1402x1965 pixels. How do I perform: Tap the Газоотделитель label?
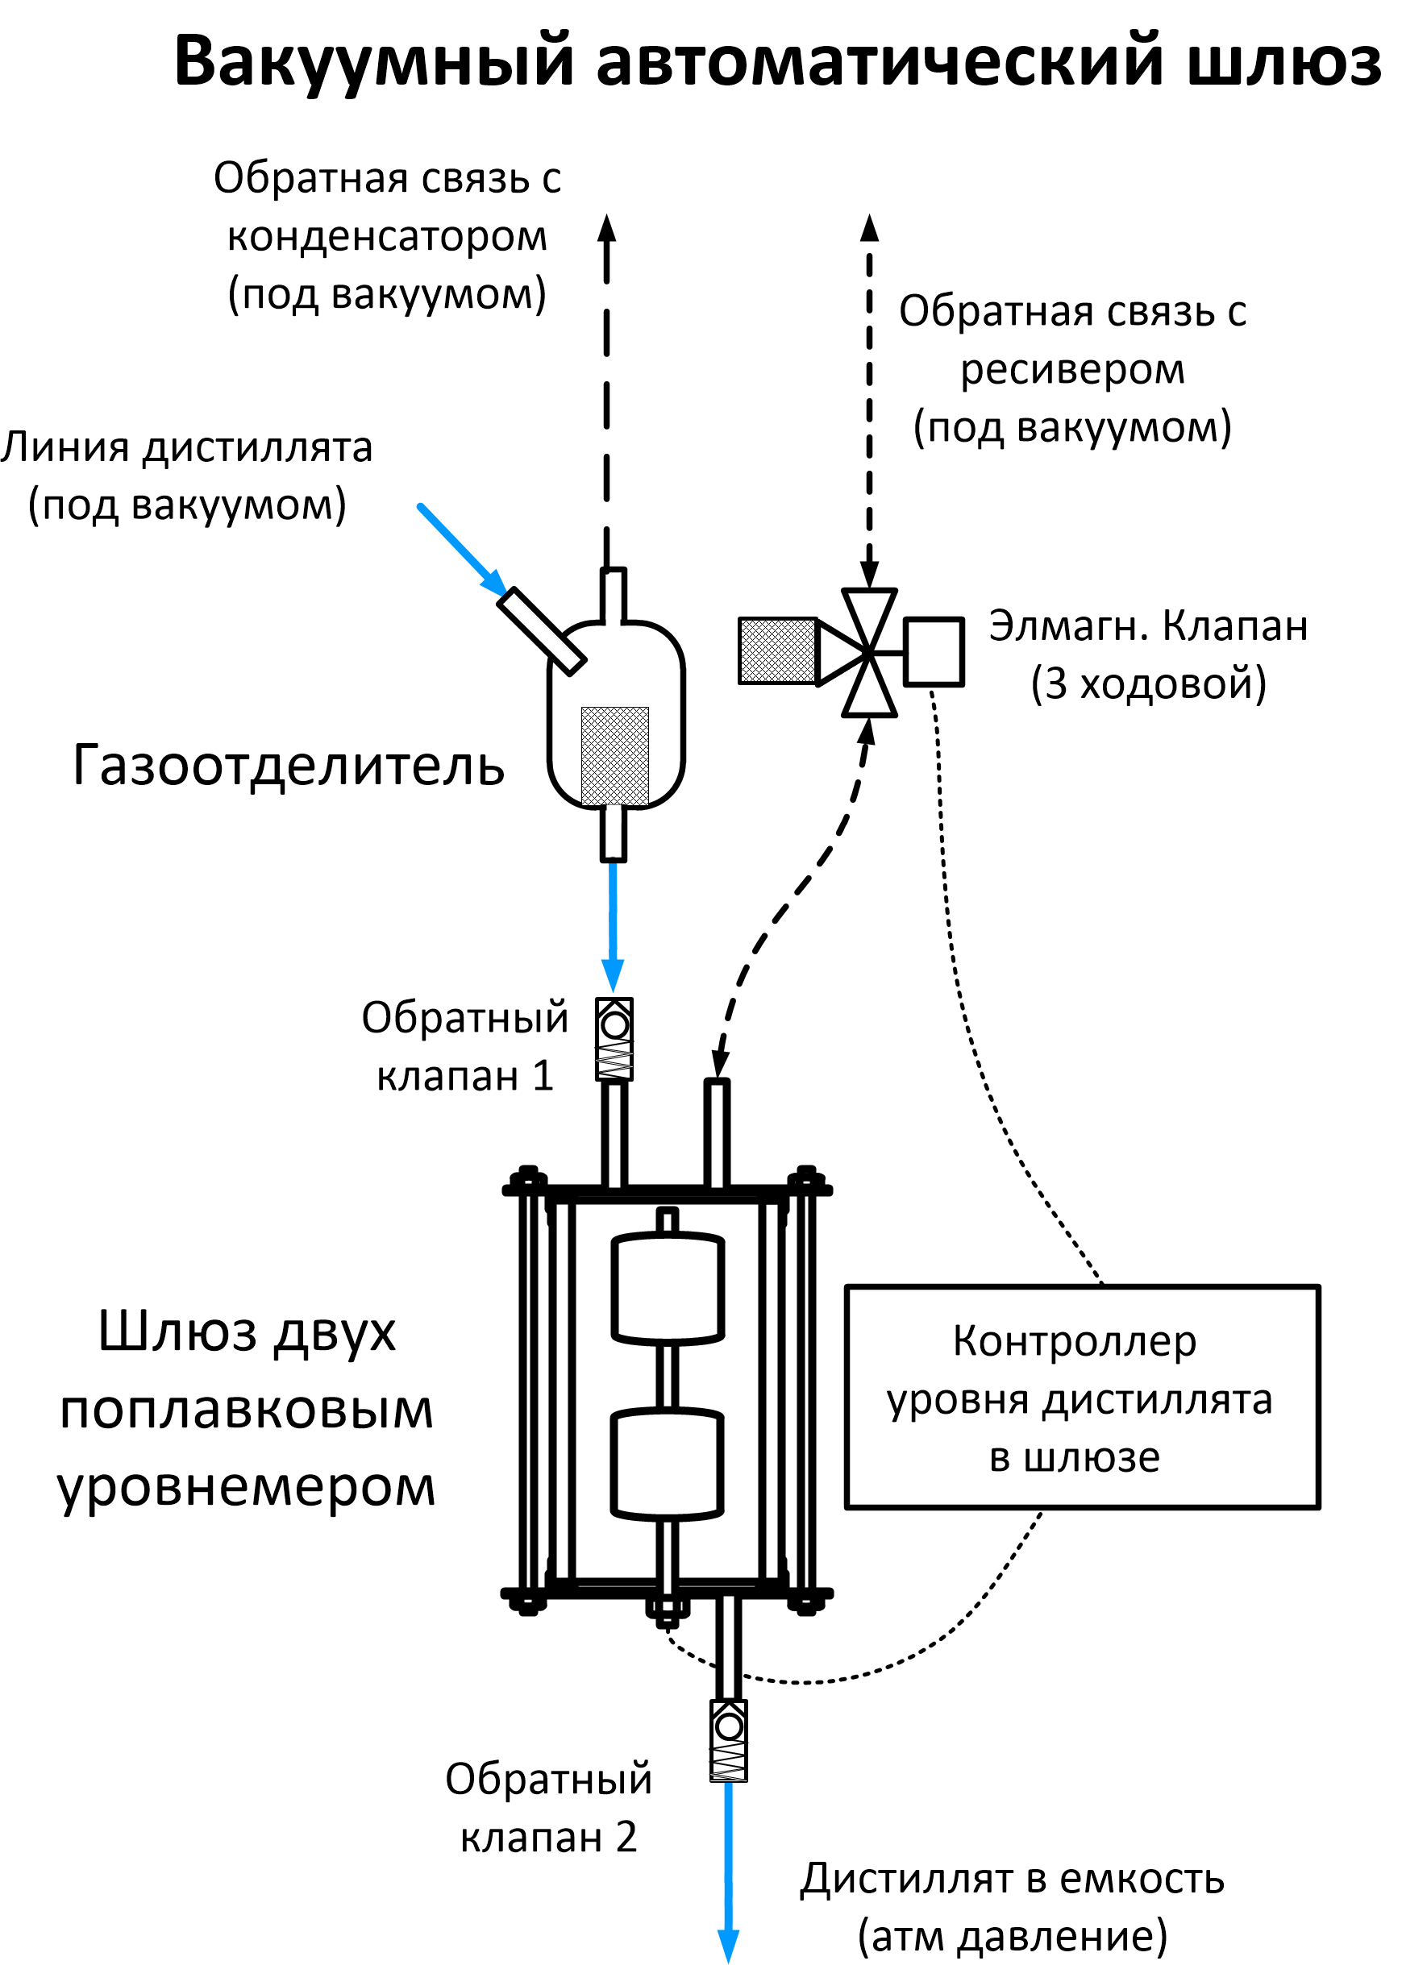click(289, 766)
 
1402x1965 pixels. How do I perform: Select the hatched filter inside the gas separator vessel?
click(614, 756)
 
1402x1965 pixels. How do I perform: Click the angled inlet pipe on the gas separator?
click(541, 630)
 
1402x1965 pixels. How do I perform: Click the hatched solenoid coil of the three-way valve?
click(777, 650)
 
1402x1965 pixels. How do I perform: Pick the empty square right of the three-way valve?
click(934, 651)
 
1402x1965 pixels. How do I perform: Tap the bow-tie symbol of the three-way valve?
click(868, 652)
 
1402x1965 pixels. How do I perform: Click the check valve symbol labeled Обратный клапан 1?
click(614, 1039)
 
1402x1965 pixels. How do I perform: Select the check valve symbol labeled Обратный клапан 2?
click(729, 1740)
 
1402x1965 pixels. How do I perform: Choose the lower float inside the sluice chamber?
click(668, 1464)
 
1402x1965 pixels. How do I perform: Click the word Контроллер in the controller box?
click(1075, 1341)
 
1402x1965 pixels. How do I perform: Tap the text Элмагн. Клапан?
click(1148, 625)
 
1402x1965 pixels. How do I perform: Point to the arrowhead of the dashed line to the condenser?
click(607, 229)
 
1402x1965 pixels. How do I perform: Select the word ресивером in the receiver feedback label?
click(1072, 369)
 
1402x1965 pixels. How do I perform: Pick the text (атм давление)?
click(1012, 1936)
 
